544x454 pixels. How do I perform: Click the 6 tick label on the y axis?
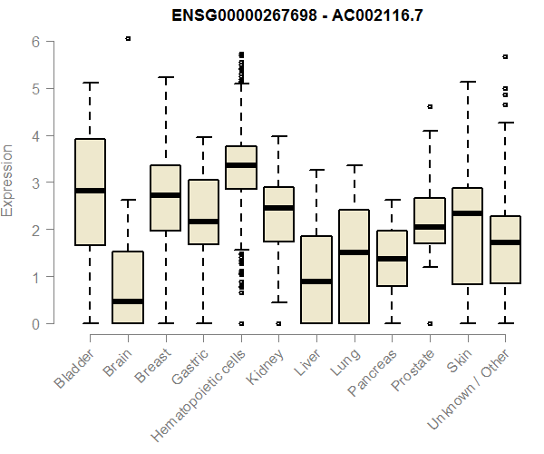pyautogui.click(x=35, y=42)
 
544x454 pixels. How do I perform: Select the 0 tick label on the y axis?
pyautogui.click(x=35, y=323)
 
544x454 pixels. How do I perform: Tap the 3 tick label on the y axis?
pyautogui.click(x=35, y=183)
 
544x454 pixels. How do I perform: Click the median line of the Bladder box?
pyautogui.click(x=90, y=191)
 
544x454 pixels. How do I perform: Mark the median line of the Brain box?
pyautogui.click(x=128, y=301)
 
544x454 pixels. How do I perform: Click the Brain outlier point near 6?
pyautogui.click(x=128, y=39)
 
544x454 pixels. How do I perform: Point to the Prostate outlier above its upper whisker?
pyautogui.click(x=430, y=107)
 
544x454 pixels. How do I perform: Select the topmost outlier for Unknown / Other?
pyautogui.click(x=505, y=56)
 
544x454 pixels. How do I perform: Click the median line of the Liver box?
pyautogui.click(x=316, y=281)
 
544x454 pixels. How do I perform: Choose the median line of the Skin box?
pyautogui.click(x=468, y=213)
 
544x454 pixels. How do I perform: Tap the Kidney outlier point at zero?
pyautogui.click(x=278, y=323)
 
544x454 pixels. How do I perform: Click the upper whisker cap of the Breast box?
pyautogui.click(x=165, y=77)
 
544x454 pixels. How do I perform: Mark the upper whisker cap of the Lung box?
pyautogui.click(x=355, y=165)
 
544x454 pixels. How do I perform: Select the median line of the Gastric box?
pyautogui.click(x=203, y=222)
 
